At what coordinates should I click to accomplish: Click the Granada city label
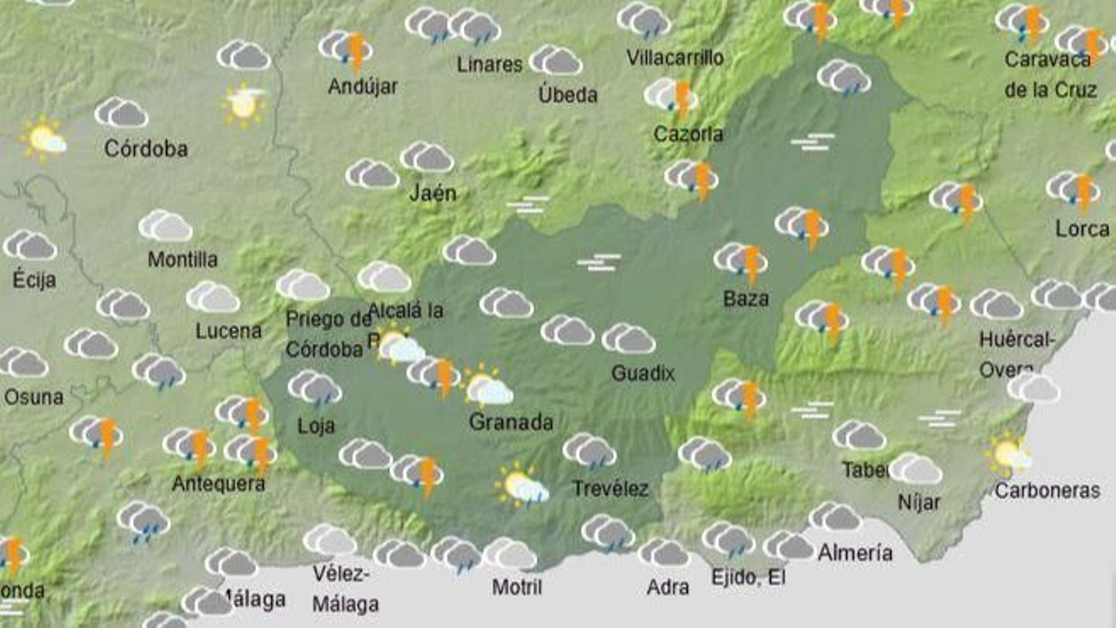click(511, 422)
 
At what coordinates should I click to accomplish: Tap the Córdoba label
click(146, 149)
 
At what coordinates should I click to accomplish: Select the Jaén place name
click(432, 193)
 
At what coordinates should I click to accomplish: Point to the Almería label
click(854, 553)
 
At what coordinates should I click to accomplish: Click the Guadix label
click(642, 373)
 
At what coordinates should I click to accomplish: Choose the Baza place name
click(746, 299)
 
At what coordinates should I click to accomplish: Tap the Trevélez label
click(610, 488)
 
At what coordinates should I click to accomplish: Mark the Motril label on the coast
click(517, 587)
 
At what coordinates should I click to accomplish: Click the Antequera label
click(218, 484)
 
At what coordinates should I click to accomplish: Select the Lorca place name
click(1082, 229)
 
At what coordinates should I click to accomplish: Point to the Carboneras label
click(1047, 491)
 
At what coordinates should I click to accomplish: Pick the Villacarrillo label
click(674, 58)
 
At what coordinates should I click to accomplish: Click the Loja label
click(316, 425)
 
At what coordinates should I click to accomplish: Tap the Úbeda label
click(568, 94)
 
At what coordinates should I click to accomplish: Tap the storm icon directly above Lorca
click(1073, 190)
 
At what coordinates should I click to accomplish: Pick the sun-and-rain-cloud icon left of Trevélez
click(522, 484)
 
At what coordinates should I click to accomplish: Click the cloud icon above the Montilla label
click(165, 226)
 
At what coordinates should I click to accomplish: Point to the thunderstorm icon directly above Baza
click(741, 262)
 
